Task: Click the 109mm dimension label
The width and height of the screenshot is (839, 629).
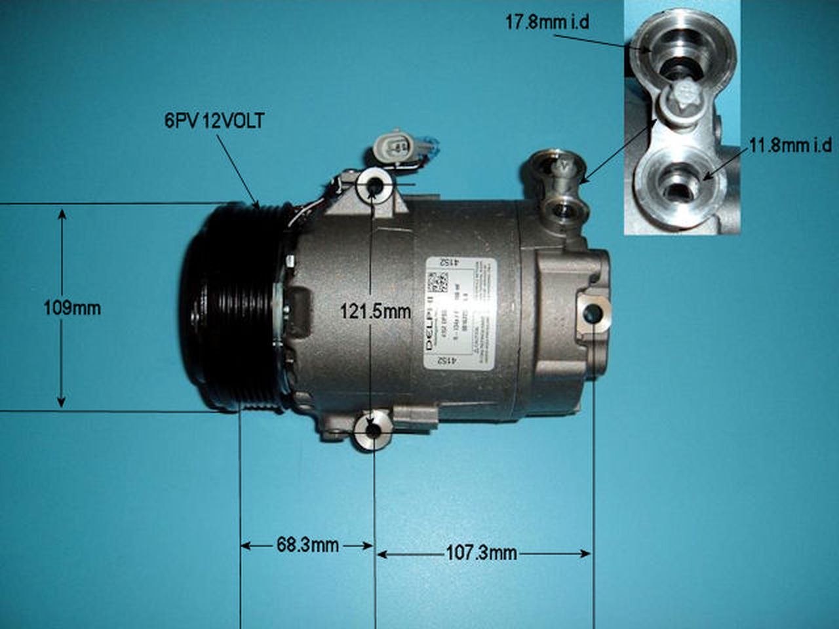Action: click(x=72, y=307)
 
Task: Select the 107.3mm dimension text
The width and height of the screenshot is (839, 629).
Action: click(x=481, y=554)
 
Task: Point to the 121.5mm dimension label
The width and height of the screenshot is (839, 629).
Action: click(x=375, y=312)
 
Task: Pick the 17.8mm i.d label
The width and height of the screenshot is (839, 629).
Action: click(x=547, y=22)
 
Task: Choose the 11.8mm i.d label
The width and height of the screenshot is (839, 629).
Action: click(x=790, y=145)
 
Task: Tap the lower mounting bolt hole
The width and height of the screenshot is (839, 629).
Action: click(x=373, y=431)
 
